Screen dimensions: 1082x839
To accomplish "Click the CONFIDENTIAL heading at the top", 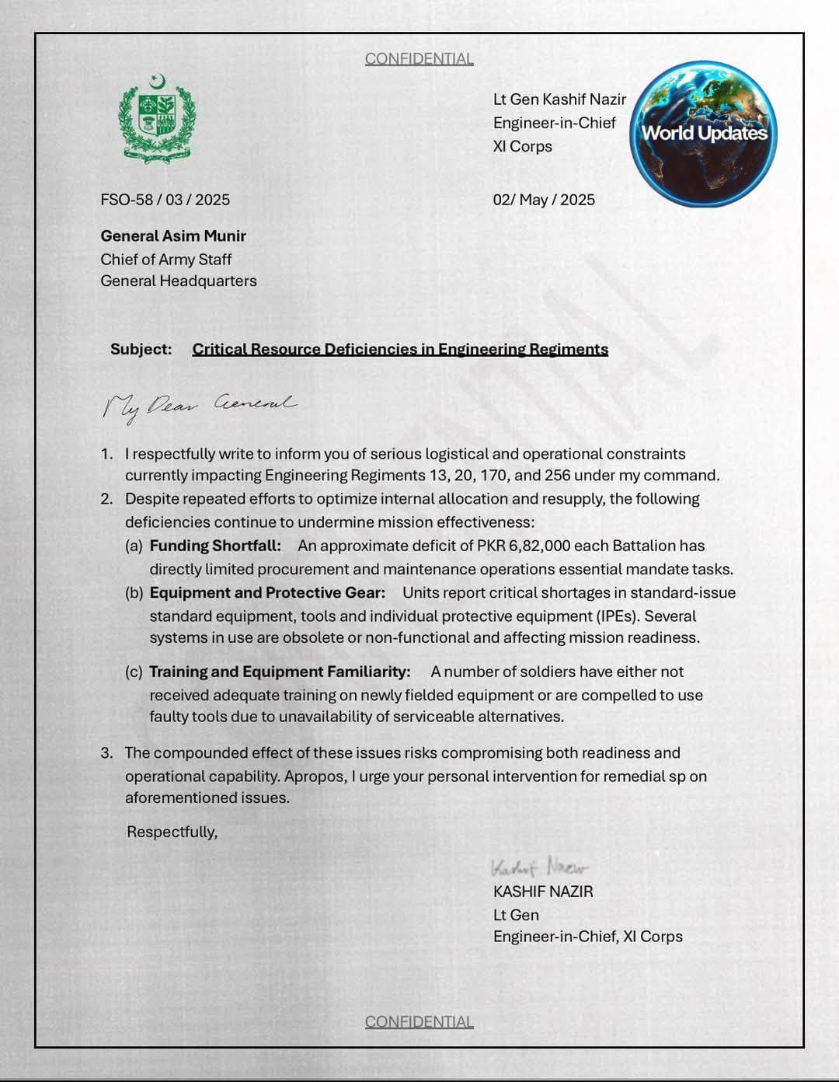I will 419,59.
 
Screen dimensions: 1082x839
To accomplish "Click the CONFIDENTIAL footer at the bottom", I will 419,1021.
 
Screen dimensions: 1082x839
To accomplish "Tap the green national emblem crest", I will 157,119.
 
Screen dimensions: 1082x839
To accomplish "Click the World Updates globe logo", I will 703,134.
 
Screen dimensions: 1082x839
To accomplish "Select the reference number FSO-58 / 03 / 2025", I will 165,200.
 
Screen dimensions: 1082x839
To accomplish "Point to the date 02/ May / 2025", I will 544,200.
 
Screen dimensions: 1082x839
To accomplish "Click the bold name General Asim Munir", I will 173,236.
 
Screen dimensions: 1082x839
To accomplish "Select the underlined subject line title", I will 400,349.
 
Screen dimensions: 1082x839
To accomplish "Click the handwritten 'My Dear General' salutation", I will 199,406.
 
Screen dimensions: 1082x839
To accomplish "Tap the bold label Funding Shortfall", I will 215,546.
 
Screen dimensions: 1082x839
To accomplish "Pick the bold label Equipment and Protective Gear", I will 267,592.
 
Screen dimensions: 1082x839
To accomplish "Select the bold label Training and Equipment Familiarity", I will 280,672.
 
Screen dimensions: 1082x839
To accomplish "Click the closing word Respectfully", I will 172,832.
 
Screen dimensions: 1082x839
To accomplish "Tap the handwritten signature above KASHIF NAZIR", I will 539,867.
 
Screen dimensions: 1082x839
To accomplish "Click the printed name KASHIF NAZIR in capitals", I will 543,892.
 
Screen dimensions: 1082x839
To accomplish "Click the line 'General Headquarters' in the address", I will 179,281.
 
